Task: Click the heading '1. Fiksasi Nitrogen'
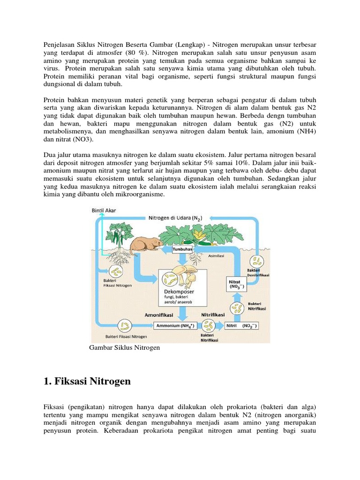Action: tap(87, 382)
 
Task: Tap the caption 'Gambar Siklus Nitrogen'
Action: tap(124, 347)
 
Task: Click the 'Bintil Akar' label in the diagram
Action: tap(103, 210)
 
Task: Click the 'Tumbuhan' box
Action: tap(183, 250)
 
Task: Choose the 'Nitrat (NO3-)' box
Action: tap(236, 283)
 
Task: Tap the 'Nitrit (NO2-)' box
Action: tap(241, 325)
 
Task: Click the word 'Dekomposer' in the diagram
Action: tap(179, 292)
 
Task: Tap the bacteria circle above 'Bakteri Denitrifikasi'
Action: tap(258, 262)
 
